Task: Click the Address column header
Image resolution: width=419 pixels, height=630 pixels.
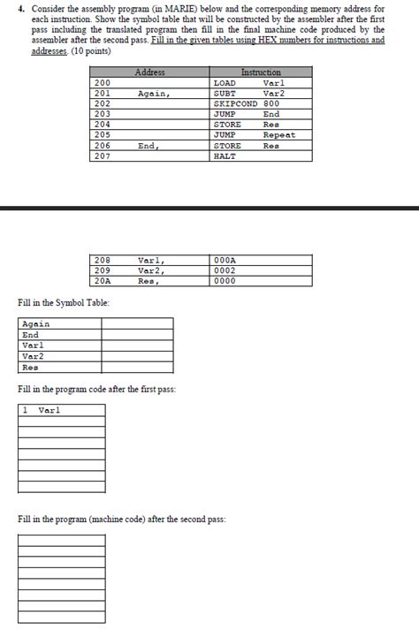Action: [149, 72]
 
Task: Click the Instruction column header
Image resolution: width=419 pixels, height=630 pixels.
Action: [261, 72]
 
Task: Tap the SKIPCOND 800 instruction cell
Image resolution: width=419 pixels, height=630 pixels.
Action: [247, 103]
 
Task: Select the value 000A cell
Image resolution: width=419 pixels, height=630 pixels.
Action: [226, 261]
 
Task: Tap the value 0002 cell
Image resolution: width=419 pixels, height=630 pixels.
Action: [226, 271]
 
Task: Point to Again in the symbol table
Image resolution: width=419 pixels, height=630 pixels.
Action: [36, 324]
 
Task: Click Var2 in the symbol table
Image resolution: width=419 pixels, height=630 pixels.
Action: [34, 356]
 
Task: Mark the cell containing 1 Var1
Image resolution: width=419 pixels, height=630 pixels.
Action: [61, 410]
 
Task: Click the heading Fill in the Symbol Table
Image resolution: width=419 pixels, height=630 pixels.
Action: [64, 304]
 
